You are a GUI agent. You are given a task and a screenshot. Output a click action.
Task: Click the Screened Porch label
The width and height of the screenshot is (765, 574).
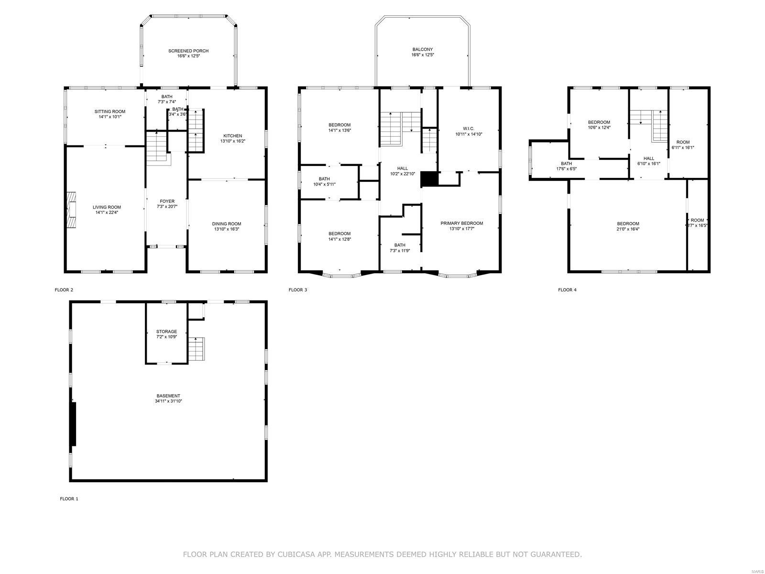click(188, 51)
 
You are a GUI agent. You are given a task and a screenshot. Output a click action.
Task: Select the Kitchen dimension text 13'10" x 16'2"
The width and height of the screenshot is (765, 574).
click(232, 142)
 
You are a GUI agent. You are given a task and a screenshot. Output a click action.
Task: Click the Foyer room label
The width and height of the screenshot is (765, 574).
click(167, 201)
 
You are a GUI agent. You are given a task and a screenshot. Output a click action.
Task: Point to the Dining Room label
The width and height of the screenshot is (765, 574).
click(227, 224)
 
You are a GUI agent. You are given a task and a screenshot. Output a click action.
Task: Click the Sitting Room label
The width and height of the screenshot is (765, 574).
click(109, 111)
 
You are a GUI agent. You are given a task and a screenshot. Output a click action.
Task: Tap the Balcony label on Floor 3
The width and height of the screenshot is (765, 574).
click(422, 49)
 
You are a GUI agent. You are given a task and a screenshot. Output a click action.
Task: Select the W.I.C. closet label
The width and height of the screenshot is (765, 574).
click(468, 128)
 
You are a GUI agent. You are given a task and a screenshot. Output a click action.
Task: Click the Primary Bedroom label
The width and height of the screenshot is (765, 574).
click(461, 223)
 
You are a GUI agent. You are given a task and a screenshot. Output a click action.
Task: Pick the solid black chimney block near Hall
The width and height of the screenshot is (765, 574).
click(429, 179)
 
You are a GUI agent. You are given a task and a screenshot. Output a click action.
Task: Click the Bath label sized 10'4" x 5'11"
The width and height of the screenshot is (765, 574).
click(324, 179)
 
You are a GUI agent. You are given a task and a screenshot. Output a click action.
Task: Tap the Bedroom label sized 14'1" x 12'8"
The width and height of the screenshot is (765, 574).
click(339, 234)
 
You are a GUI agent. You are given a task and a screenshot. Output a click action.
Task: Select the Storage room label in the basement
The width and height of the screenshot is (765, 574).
click(166, 331)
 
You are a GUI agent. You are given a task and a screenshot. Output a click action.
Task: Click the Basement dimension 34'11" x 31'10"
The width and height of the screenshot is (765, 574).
click(168, 401)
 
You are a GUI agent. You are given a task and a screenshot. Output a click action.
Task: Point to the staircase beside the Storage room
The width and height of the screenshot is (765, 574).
click(197, 349)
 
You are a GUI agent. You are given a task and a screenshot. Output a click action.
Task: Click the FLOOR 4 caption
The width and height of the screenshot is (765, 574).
click(567, 290)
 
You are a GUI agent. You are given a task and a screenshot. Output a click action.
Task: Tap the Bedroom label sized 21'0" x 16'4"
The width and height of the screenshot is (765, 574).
click(627, 224)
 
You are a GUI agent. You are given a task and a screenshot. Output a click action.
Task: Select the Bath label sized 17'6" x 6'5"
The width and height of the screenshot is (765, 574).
click(566, 164)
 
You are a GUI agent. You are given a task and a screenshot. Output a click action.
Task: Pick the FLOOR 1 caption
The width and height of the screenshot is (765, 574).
click(69, 499)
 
